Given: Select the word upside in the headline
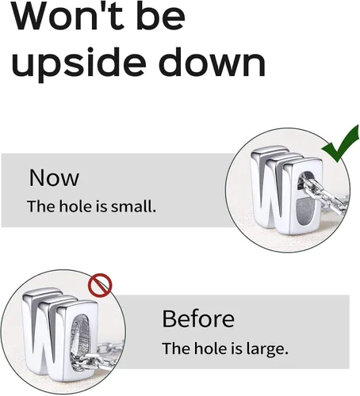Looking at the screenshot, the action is point(79,63).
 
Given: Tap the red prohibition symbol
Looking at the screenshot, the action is point(100,285).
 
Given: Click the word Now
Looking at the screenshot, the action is point(54,177).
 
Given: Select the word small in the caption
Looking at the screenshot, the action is point(133,206).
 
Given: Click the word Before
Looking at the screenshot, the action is point(198,318).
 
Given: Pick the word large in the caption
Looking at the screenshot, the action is point(267,349).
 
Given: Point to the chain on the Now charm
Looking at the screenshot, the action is point(323,193).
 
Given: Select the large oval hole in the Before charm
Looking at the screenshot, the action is point(80,341).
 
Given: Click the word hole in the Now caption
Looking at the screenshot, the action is point(76,206).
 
